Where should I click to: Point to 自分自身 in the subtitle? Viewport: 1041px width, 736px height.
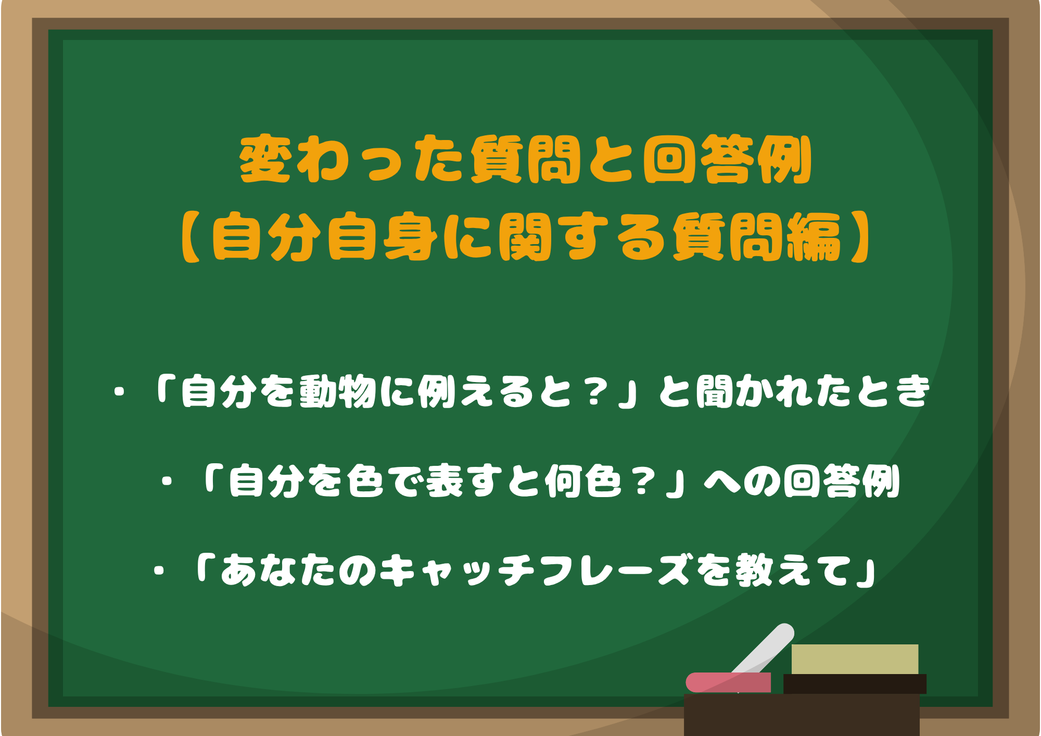325,237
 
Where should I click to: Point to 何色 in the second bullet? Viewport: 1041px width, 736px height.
583,481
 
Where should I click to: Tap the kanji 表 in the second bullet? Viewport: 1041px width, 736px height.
445,481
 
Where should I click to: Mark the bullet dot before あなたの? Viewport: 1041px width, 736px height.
159,571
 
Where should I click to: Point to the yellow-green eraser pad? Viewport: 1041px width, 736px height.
855,659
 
